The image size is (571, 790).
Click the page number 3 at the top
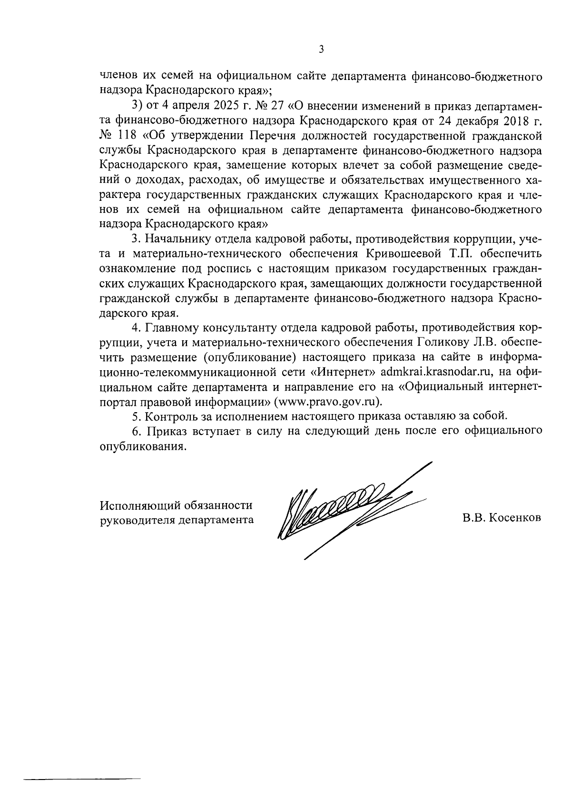[x=321, y=49]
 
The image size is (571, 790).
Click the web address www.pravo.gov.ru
[x=327, y=401]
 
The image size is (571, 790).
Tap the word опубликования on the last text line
[x=141, y=446]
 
